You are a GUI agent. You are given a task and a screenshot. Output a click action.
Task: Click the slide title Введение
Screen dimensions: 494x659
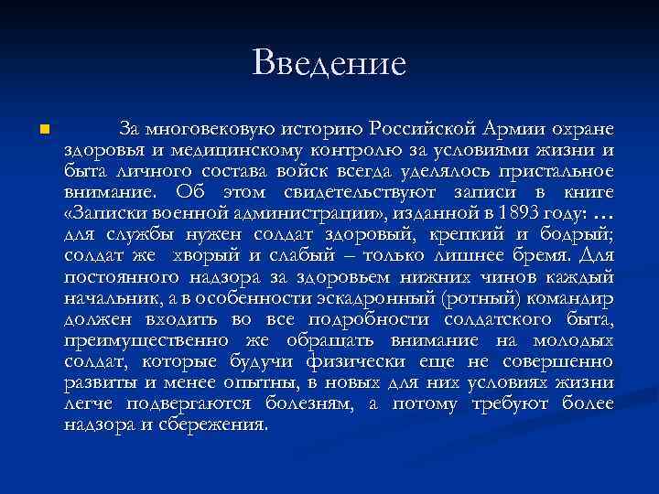(x=329, y=63)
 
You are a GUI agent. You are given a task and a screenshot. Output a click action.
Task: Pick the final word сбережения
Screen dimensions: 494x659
(x=219, y=424)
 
